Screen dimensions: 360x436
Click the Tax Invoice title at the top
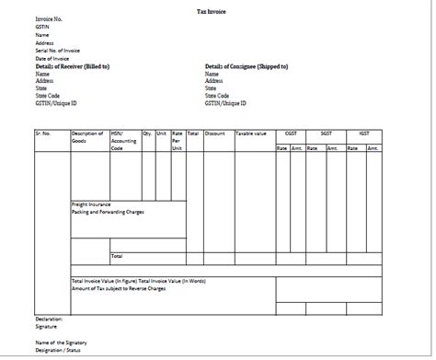coord(217,11)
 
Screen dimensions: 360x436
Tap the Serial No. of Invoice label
coord(59,50)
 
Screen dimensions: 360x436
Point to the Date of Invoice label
coord(54,58)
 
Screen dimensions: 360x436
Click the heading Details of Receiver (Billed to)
coord(73,66)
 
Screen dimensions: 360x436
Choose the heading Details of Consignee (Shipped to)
coord(247,66)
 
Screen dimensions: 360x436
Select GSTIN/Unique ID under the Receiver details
coord(57,103)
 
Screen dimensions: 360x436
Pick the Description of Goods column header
coord(88,137)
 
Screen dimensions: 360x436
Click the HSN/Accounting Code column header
coord(123,140)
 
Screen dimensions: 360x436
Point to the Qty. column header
coord(147,134)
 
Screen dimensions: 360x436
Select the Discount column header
coord(215,134)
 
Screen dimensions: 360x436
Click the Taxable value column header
coord(251,134)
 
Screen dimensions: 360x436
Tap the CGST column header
coord(291,134)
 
